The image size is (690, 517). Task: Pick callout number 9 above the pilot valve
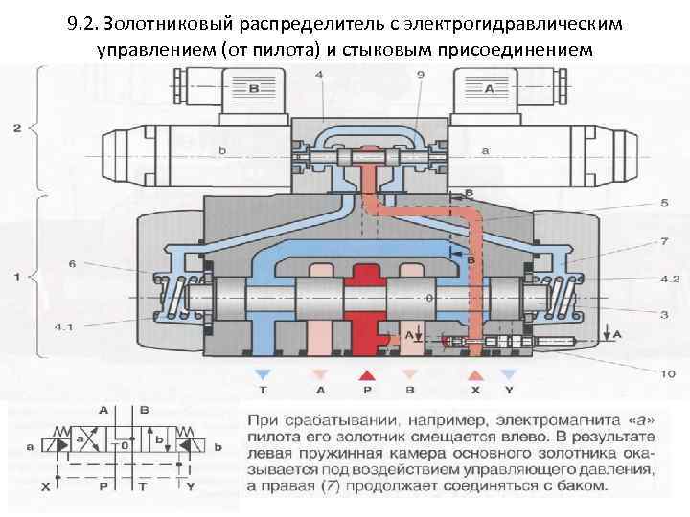pyautogui.click(x=422, y=74)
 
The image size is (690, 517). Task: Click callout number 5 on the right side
pyautogui.click(x=638, y=203)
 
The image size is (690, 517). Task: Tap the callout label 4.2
pyautogui.click(x=642, y=280)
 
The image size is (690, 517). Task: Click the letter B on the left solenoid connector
pyautogui.click(x=254, y=89)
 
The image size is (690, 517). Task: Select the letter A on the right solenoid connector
pyautogui.click(x=489, y=89)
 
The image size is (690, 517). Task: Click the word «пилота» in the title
pyautogui.click(x=278, y=47)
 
